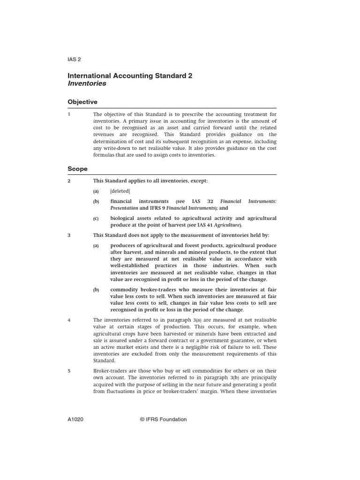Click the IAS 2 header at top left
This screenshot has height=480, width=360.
pos(75,59)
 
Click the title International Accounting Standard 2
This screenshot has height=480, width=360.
pos(130,75)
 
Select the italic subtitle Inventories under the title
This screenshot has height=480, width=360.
pos(87,83)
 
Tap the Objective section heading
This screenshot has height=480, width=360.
pos(82,102)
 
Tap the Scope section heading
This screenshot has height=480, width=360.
pos(77,168)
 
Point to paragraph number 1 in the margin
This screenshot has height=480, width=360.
pos(69,114)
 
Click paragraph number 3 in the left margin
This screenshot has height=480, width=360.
pos(69,235)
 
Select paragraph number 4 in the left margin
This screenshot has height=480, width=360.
pos(69,320)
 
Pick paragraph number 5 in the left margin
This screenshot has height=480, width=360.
pos(69,370)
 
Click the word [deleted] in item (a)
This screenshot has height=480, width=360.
pos(120,191)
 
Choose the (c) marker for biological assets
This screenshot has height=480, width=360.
pos(96,218)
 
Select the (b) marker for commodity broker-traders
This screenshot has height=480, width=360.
pos(96,290)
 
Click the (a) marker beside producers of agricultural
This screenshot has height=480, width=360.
pos(96,246)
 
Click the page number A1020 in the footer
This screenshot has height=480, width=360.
pos(76,420)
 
